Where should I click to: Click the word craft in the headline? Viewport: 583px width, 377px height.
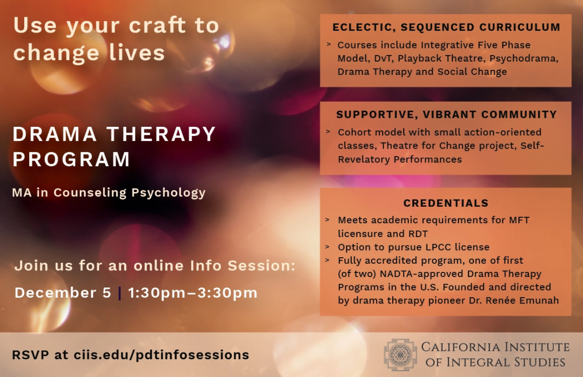tap(157, 25)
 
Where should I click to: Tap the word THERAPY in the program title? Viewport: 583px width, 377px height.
tap(161, 134)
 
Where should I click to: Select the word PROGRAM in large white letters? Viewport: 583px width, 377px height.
tap(71, 159)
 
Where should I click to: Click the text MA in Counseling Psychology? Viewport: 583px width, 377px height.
tap(109, 193)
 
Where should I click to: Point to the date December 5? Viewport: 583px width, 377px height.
tap(63, 293)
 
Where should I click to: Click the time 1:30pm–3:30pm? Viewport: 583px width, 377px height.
tap(193, 293)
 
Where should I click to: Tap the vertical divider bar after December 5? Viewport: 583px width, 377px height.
tap(119, 293)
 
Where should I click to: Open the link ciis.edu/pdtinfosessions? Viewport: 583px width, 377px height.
tap(162, 355)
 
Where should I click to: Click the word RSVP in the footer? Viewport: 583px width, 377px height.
tap(30, 355)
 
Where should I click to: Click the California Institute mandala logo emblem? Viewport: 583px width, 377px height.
tap(400, 355)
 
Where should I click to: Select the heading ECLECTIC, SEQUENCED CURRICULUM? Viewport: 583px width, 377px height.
tap(446, 27)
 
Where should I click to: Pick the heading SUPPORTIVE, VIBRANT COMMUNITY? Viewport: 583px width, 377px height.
tap(447, 114)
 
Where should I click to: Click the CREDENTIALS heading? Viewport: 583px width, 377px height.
tap(446, 203)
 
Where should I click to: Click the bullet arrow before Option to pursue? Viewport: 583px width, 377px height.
tap(327, 247)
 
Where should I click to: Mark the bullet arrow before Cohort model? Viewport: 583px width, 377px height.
tap(328, 131)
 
